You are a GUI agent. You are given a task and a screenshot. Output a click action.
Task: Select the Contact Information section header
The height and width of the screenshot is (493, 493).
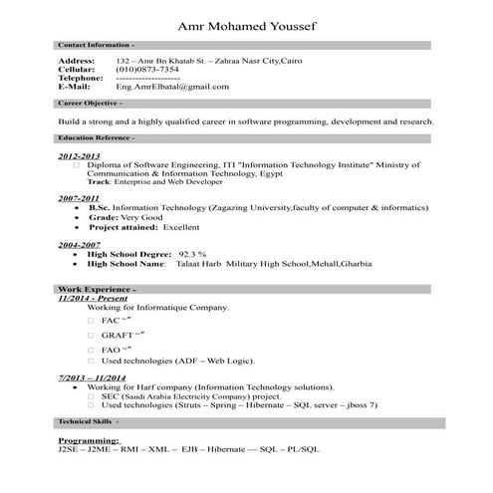tap(97, 45)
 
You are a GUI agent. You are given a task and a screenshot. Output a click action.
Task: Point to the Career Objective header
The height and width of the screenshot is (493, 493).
tap(91, 103)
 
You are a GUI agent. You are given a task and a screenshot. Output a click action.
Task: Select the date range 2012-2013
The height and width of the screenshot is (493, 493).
tap(79, 156)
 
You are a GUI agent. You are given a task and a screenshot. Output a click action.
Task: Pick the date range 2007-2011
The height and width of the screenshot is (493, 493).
tap(79, 198)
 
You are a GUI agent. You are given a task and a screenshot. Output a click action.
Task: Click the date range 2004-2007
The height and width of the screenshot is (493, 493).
tap(79, 244)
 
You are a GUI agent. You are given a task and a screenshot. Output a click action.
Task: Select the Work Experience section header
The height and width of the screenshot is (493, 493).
tap(92, 288)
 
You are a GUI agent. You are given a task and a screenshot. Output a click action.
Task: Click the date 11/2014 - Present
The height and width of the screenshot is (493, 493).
tap(93, 298)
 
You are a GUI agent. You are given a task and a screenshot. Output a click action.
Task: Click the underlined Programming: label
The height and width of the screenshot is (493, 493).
tap(89, 439)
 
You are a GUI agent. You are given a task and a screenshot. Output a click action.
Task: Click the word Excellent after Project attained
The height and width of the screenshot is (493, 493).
tap(181, 227)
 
